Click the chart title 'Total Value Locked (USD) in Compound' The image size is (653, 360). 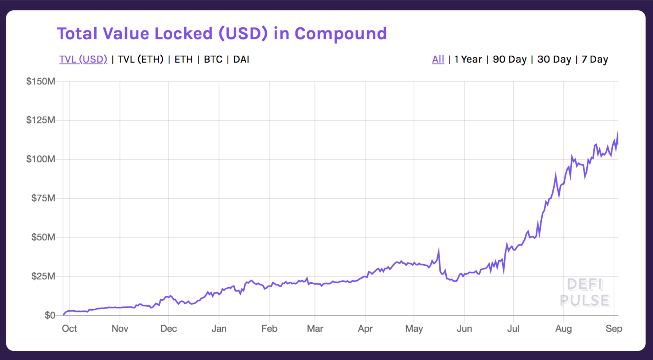(x=222, y=34)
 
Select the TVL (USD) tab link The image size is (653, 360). (x=83, y=59)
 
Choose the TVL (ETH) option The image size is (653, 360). (x=140, y=59)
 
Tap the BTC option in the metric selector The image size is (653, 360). (x=213, y=59)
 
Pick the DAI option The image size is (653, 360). (x=241, y=59)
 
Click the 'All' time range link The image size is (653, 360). (x=438, y=59)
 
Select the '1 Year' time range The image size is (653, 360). (x=468, y=59)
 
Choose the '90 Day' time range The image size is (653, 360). (x=509, y=59)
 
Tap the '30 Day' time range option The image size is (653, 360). (x=554, y=59)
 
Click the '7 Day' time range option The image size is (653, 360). (x=595, y=59)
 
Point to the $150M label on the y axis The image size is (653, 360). (x=40, y=81)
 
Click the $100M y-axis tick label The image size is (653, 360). (x=40, y=159)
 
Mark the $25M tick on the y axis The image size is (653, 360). (x=43, y=276)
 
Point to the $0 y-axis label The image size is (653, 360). (x=50, y=315)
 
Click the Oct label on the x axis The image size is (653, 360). (x=69, y=328)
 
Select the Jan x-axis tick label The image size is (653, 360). (x=219, y=328)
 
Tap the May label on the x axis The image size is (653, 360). (x=414, y=328)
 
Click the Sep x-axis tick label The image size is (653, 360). (x=614, y=328)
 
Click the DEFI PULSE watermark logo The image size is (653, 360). (x=585, y=293)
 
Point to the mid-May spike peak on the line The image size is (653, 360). (x=439, y=250)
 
